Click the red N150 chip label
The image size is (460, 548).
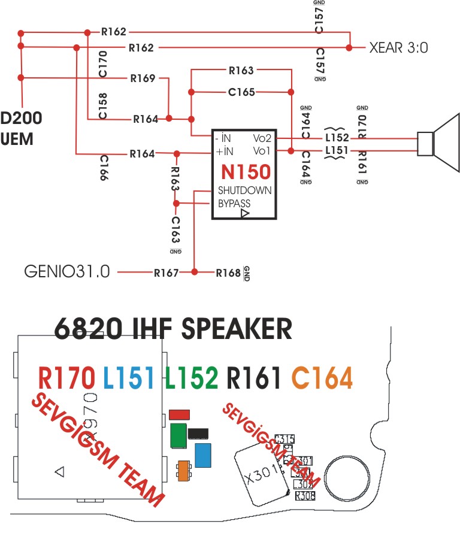(x=245, y=172)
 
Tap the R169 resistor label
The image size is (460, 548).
(x=142, y=78)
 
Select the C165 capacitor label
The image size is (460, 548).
(x=241, y=92)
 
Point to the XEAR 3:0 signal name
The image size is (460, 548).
(x=399, y=48)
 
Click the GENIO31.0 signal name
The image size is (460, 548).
(x=67, y=272)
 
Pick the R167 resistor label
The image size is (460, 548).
(x=166, y=273)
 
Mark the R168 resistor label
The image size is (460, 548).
(x=228, y=273)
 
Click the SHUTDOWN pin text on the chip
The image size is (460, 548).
(x=244, y=190)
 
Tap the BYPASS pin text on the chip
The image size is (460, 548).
(x=234, y=204)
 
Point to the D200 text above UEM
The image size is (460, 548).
(x=22, y=118)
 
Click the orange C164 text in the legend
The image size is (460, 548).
(x=322, y=379)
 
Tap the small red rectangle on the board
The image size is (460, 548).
(x=180, y=414)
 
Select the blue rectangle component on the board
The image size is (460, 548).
(x=203, y=455)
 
